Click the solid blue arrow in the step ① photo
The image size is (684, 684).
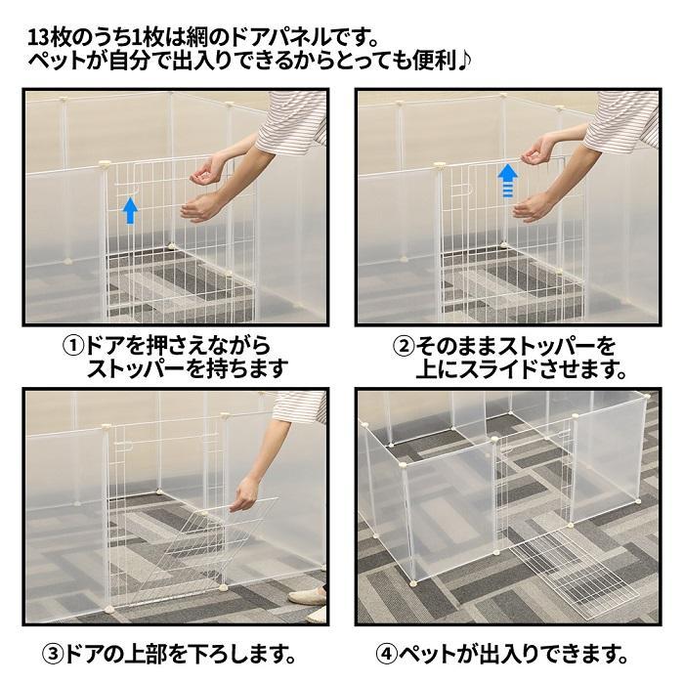point(130,210)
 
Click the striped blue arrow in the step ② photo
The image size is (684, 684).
point(508,180)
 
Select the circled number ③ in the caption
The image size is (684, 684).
point(53,655)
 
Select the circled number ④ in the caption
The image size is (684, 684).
point(387,655)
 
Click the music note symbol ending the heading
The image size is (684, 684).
point(464,61)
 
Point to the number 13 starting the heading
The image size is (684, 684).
point(38,38)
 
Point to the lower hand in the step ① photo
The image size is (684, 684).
point(201,207)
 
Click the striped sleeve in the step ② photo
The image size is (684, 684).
point(622,120)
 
